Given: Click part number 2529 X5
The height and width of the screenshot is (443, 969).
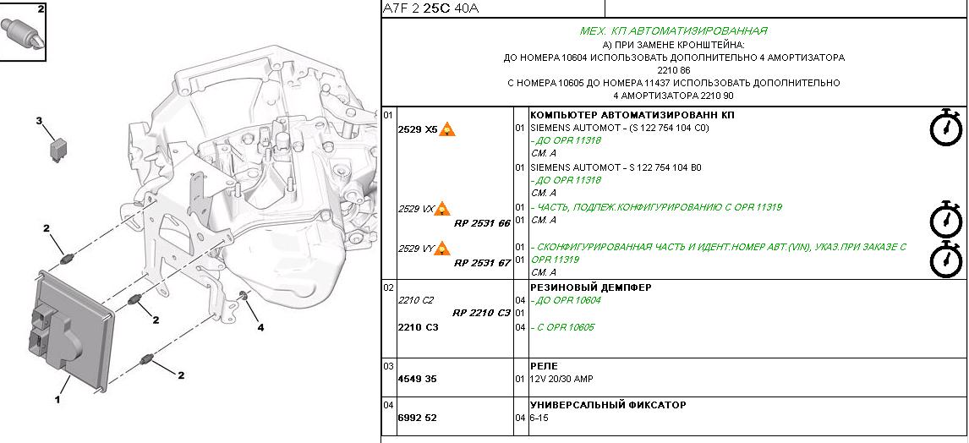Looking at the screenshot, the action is click(x=417, y=129).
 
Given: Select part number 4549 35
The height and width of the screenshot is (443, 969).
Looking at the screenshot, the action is click(x=417, y=379).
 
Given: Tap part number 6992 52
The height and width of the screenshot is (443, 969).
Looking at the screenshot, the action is click(x=417, y=418).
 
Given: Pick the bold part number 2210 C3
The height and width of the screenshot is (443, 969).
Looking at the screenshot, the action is click(x=418, y=327).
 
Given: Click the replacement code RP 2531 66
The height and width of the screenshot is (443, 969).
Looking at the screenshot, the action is click(x=482, y=223).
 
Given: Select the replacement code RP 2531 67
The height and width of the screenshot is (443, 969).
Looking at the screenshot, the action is click(x=482, y=263).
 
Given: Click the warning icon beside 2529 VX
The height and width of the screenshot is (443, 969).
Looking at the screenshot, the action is click(x=442, y=209).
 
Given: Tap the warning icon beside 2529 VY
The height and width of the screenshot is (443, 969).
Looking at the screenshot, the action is click(x=442, y=249).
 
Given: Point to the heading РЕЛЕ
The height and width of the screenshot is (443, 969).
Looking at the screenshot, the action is click(x=544, y=366).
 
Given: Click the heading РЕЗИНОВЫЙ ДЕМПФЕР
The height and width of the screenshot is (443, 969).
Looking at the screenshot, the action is click(x=591, y=287).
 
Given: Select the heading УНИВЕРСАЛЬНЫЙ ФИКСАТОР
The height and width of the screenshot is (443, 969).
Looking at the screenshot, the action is click(x=608, y=405).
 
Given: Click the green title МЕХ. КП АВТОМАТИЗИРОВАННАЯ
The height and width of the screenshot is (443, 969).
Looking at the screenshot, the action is click(x=674, y=31).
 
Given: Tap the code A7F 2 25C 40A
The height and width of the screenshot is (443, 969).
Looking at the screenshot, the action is click(x=430, y=8).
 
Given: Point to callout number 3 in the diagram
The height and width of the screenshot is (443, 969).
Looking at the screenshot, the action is click(x=39, y=121).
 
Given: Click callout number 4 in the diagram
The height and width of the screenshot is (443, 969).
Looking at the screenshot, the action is click(x=260, y=327).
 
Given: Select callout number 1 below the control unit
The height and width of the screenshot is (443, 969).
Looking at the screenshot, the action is click(x=57, y=400).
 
